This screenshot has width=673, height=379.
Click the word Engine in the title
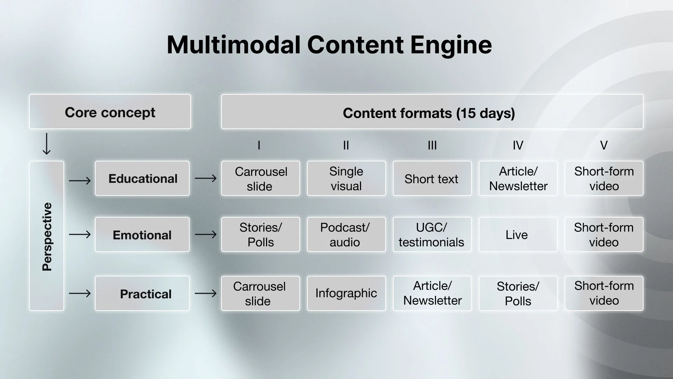pyautogui.click(x=451, y=45)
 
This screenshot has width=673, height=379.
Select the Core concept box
pyautogui.click(x=110, y=112)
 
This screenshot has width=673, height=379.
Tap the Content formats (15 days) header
pyautogui.click(x=432, y=112)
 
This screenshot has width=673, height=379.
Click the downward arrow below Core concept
pyautogui.click(x=46, y=144)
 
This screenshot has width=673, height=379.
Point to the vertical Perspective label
pyautogui.click(x=47, y=236)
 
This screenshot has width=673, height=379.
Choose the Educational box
pyautogui.click(x=142, y=178)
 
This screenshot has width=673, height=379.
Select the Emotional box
pyautogui.click(x=142, y=234)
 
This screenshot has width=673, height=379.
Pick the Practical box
pyautogui.click(x=142, y=293)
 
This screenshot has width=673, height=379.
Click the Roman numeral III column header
pyautogui.click(x=432, y=145)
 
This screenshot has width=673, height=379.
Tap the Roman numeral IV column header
pyautogui.click(x=518, y=145)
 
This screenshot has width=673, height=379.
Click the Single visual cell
pyautogui.click(x=346, y=178)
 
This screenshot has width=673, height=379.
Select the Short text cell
pyautogui.click(x=432, y=178)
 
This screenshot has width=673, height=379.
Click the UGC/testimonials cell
pyautogui.click(x=432, y=234)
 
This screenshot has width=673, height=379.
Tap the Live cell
pyautogui.click(x=518, y=234)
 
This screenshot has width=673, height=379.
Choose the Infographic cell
pyautogui.click(x=346, y=293)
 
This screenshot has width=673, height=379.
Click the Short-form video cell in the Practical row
pyautogui.click(x=604, y=293)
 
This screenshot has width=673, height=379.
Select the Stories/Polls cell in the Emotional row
pyautogui.click(x=260, y=234)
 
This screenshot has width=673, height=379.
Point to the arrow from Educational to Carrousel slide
pyautogui.click(x=206, y=178)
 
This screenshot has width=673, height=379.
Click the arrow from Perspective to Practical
pyautogui.click(x=80, y=293)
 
